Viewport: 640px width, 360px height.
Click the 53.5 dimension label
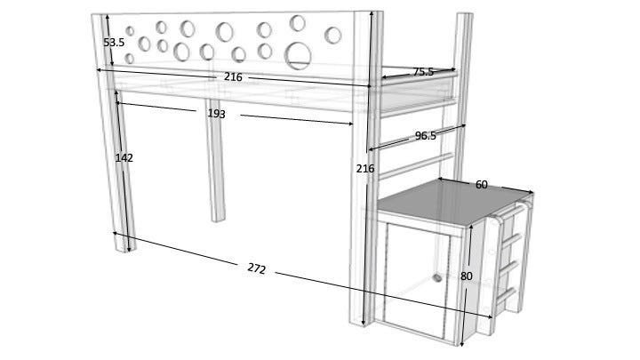coord(114,42)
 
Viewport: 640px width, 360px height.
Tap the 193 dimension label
coord(216,114)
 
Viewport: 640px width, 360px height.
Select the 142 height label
coord(124,157)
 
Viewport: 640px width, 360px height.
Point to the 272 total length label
coord(256,268)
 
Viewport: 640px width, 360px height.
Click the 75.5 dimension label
coord(423,72)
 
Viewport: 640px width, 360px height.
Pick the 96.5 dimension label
coord(425,135)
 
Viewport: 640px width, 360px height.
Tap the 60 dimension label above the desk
coord(482,185)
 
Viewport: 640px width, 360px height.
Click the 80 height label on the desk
coord(467,276)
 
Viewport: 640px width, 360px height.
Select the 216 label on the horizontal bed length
coord(233,76)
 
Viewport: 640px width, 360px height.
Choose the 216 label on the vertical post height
coord(365,168)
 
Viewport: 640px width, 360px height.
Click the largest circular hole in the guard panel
coord(298,55)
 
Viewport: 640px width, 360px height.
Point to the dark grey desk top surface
coord(453,202)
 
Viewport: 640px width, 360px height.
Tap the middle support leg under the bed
coord(215,160)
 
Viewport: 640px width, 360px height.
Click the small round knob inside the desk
coord(437,278)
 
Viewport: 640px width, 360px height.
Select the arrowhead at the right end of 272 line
coord(490,316)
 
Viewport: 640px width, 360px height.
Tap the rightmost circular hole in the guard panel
coord(333,36)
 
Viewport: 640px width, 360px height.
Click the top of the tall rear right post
coord(465,15)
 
